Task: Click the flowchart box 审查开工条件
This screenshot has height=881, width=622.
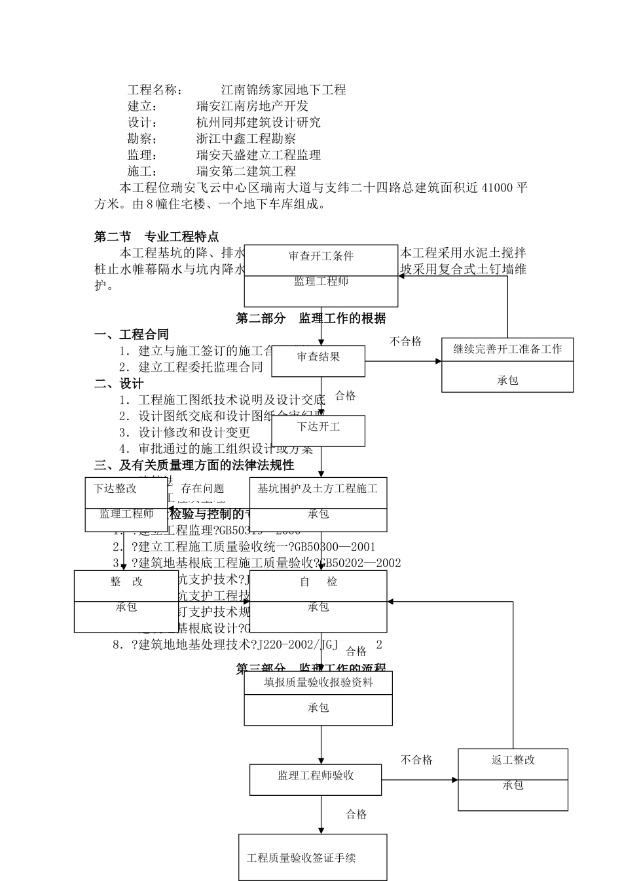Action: [x=321, y=256]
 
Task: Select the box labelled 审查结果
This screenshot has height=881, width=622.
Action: [x=318, y=357]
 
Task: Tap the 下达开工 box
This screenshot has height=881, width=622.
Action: [x=318, y=427]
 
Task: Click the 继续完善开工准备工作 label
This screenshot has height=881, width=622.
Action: [x=507, y=349]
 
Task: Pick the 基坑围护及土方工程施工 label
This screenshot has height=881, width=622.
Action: [x=318, y=488]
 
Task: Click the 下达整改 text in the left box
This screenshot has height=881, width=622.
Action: [x=115, y=488]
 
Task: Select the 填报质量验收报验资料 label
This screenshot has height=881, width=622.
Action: [x=318, y=682]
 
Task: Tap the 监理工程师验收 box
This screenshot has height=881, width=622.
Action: [x=316, y=775]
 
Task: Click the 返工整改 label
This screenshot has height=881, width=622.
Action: [x=513, y=760]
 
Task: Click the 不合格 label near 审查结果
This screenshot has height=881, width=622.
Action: [x=406, y=342]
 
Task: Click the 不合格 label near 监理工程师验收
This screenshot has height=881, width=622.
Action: [x=416, y=760]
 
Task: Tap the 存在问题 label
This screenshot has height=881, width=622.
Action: [x=202, y=488]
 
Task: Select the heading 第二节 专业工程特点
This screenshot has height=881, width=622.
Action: [x=156, y=237]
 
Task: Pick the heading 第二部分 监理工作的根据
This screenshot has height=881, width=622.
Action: [x=310, y=319]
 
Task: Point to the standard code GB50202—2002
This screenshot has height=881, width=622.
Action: [x=360, y=563]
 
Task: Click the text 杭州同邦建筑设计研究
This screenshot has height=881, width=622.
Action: [x=259, y=123]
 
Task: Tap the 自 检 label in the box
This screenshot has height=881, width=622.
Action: [x=318, y=581]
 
